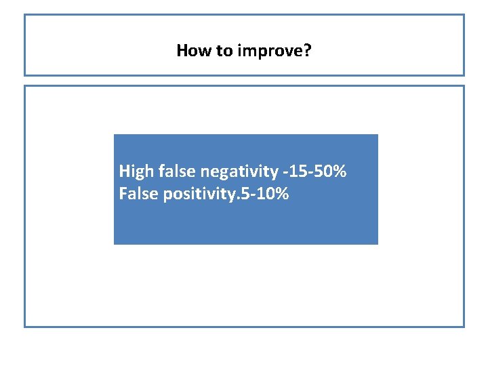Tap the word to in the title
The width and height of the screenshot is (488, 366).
[224, 50]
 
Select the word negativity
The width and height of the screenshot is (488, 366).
[238, 171]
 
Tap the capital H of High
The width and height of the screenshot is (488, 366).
[124, 171]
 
